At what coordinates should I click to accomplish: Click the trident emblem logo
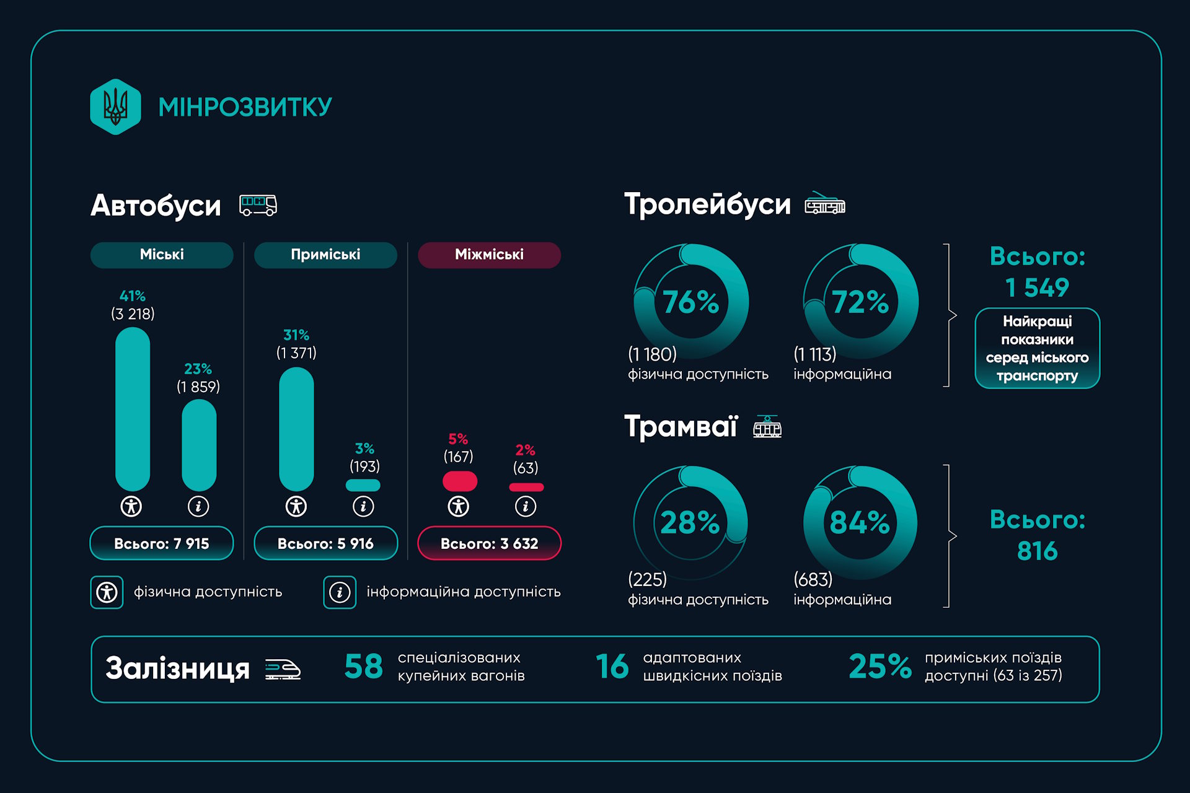[x=115, y=107]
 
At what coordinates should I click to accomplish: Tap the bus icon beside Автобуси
[x=258, y=205]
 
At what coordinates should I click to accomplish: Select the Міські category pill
[x=162, y=255]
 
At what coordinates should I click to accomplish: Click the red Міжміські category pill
[x=489, y=255]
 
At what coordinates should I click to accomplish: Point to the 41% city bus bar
[x=133, y=409]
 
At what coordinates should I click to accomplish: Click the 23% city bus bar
[x=198, y=445]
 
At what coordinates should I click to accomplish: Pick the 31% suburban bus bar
[x=296, y=429]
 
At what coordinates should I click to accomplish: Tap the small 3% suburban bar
[x=363, y=485]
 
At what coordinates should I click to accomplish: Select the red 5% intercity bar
[x=459, y=481]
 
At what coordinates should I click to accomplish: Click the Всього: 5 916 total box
[x=325, y=543]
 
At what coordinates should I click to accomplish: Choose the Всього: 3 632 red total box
[x=489, y=543]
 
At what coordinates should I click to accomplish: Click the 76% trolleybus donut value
[x=690, y=302]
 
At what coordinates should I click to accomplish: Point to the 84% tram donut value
[x=860, y=522]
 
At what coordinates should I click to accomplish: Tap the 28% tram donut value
[x=690, y=522]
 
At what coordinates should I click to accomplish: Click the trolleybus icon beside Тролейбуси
[x=825, y=204]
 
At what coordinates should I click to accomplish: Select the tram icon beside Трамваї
[x=767, y=427]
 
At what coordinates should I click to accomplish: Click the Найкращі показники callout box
[x=1037, y=348]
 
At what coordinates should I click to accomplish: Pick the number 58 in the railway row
[x=364, y=667]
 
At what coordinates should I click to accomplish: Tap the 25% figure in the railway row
[x=879, y=667]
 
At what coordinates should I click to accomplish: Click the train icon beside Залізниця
[x=283, y=669]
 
